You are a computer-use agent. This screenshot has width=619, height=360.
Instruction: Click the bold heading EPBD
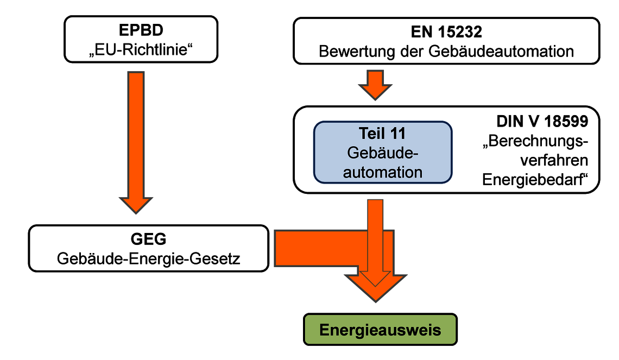141,30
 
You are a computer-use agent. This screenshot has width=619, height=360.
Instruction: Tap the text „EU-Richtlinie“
141,50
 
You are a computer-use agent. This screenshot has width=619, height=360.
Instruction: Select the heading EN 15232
446,32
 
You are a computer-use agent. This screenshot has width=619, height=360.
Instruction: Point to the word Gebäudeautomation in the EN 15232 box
501,52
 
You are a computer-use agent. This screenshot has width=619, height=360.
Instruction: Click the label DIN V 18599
542,122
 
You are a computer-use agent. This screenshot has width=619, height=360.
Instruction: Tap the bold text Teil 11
382,134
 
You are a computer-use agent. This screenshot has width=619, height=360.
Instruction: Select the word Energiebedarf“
535,180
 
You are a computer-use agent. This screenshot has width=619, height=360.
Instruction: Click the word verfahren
554,160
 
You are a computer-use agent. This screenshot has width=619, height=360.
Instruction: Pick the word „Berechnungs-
535,141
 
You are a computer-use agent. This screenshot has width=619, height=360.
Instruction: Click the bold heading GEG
148,239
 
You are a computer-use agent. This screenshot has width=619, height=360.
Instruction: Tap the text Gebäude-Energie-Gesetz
148,259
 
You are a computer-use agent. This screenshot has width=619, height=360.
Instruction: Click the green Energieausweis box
380,330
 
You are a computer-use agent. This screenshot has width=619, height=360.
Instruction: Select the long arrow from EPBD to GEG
136,142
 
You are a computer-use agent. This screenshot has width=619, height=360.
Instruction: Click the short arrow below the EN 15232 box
375,85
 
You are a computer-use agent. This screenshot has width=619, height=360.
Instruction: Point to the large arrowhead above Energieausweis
375,287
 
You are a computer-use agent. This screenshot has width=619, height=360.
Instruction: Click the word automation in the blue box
383,172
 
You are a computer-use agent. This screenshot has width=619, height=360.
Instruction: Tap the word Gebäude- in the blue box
383,153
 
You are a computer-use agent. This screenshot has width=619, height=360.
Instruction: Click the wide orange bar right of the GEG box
334,249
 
